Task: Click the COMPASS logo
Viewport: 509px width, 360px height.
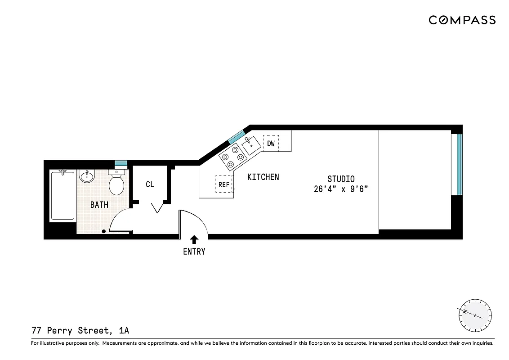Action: [462, 20]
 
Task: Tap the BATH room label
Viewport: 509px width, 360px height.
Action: [99, 205]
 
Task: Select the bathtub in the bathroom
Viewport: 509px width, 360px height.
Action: [63, 195]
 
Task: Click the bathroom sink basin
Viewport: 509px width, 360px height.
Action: [87, 176]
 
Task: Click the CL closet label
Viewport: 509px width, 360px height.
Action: [150, 184]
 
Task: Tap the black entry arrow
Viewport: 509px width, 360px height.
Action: [194, 239]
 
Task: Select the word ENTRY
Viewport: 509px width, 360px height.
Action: [194, 252]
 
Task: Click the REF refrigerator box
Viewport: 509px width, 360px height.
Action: [224, 184]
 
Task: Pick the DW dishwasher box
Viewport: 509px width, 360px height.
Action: [271, 144]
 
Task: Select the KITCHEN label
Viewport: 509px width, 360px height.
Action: [263, 177]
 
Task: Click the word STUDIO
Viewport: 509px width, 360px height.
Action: [340, 179]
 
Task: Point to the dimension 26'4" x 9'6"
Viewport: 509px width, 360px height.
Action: [341, 189]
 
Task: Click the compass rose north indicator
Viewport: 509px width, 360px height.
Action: [474, 315]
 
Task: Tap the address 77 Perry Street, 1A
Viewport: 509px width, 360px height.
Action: [80, 331]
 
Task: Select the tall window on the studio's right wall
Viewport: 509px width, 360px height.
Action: [459, 164]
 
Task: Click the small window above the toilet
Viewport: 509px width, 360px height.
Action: [120, 163]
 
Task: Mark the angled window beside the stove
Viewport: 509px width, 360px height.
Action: [236, 136]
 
